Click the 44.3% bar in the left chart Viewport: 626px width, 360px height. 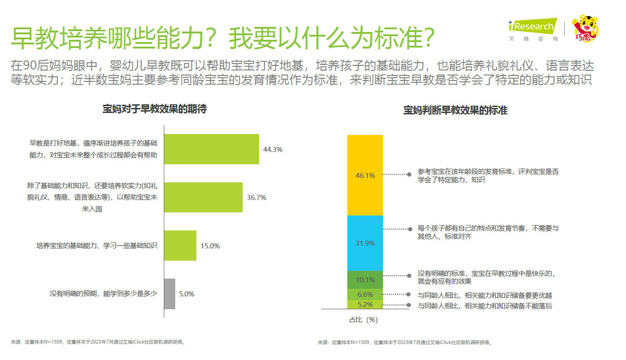[x=211, y=149]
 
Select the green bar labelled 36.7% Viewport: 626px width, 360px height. [x=203, y=197]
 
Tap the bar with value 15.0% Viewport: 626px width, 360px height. [x=180, y=246]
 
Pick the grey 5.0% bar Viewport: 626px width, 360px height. [x=169, y=294]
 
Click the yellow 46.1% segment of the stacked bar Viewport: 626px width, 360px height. [x=365, y=175]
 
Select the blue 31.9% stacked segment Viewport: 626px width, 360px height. [x=365, y=243]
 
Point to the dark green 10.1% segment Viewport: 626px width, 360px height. [x=365, y=279]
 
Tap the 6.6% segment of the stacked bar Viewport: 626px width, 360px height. [x=365, y=294]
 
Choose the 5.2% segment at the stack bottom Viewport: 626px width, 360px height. [x=365, y=305]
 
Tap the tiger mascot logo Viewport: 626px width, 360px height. [x=586, y=28]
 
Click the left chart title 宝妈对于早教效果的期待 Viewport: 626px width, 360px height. [x=154, y=109]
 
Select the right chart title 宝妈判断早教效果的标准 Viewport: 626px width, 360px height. [x=455, y=110]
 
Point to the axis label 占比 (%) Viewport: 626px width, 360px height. [x=363, y=320]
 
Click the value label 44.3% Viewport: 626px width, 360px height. [x=273, y=149]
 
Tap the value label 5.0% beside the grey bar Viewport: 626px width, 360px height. [x=187, y=294]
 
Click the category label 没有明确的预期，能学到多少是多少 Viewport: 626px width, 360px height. [x=103, y=294]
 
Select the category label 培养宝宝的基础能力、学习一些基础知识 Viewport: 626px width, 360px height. [x=97, y=246]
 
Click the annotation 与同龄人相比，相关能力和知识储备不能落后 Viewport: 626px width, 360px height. [x=485, y=306]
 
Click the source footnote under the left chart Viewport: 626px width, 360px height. [x=98, y=342]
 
